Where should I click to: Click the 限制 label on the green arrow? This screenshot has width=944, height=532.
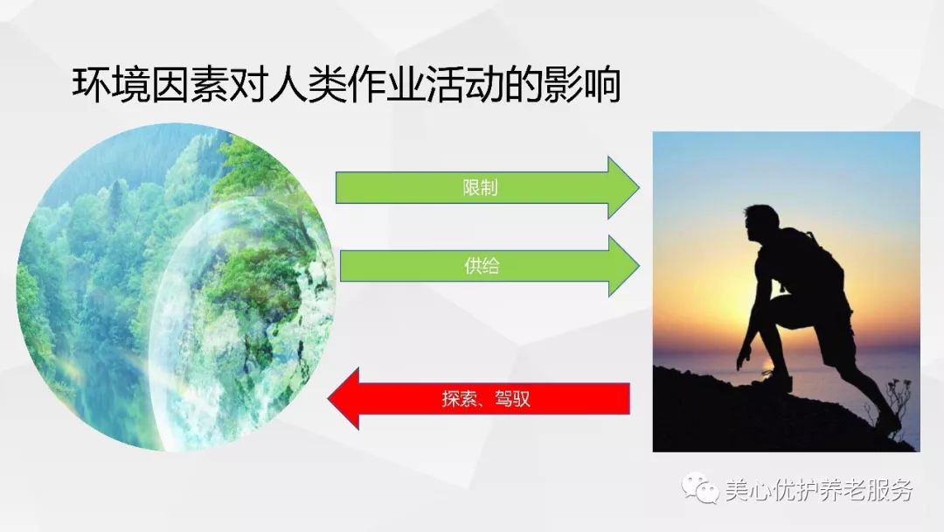pyautogui.click(x=481, y=188)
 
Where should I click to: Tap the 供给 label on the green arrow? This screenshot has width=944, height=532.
pyautogui.click(x=482, y=266)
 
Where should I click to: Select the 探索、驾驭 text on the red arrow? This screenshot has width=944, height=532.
pyautogui.click(x=486, y=400)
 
